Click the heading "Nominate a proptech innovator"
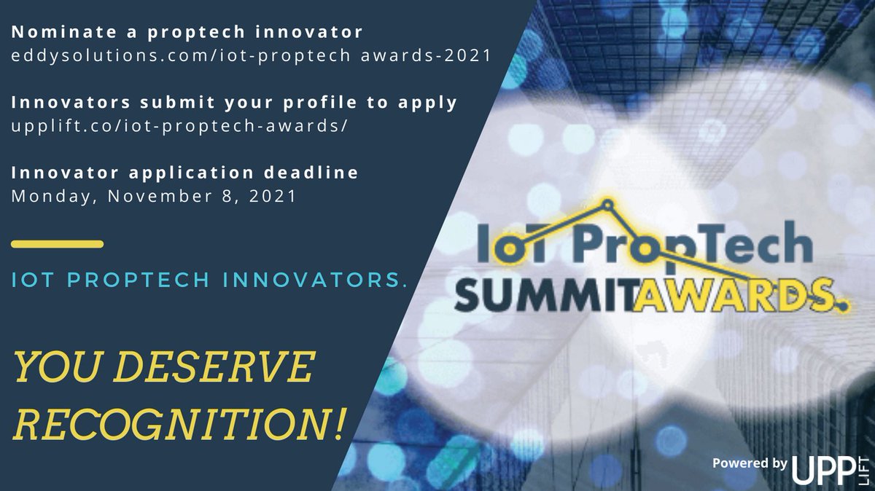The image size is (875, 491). pyautogui.click(x=187, y=33)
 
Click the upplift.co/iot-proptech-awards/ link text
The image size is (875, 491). pyautogui.click(x=179, y=126)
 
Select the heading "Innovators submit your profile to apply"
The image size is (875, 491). pyautogui.click(x=234, y=103)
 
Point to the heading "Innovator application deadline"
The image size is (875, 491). pyautogui.click(x=185, y=173)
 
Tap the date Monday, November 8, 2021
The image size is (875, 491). pyautogui.click(x=154, y=196)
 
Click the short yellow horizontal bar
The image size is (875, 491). pyautogui.click(x=58, y=244)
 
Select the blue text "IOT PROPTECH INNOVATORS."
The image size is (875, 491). pyautogui.click(x=210, y=280)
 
